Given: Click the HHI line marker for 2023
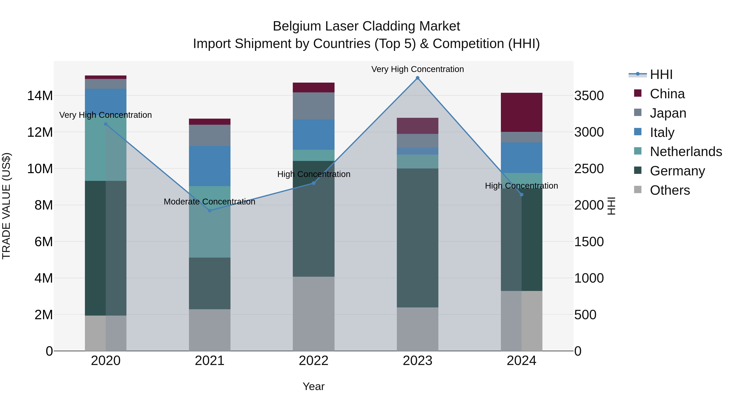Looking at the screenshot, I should point(417,78).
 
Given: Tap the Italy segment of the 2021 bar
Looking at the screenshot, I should point(210,166).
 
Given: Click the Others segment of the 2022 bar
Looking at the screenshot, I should point(314,314).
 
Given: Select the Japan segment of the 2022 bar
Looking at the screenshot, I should point(314,106).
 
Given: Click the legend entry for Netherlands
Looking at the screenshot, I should point(686,152).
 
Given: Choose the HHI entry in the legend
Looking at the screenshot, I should point(661,74).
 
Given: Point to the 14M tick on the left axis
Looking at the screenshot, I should point(40,96).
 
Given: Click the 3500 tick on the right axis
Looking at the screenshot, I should point(589,96).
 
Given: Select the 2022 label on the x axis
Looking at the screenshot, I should point(314,361).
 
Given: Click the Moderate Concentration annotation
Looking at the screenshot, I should point(210,202).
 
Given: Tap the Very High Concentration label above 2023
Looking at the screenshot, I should point(417,69).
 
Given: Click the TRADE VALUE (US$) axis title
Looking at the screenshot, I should point(6,206).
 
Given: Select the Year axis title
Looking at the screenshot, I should point(314,386).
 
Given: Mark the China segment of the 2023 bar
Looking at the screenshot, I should point(417,126).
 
